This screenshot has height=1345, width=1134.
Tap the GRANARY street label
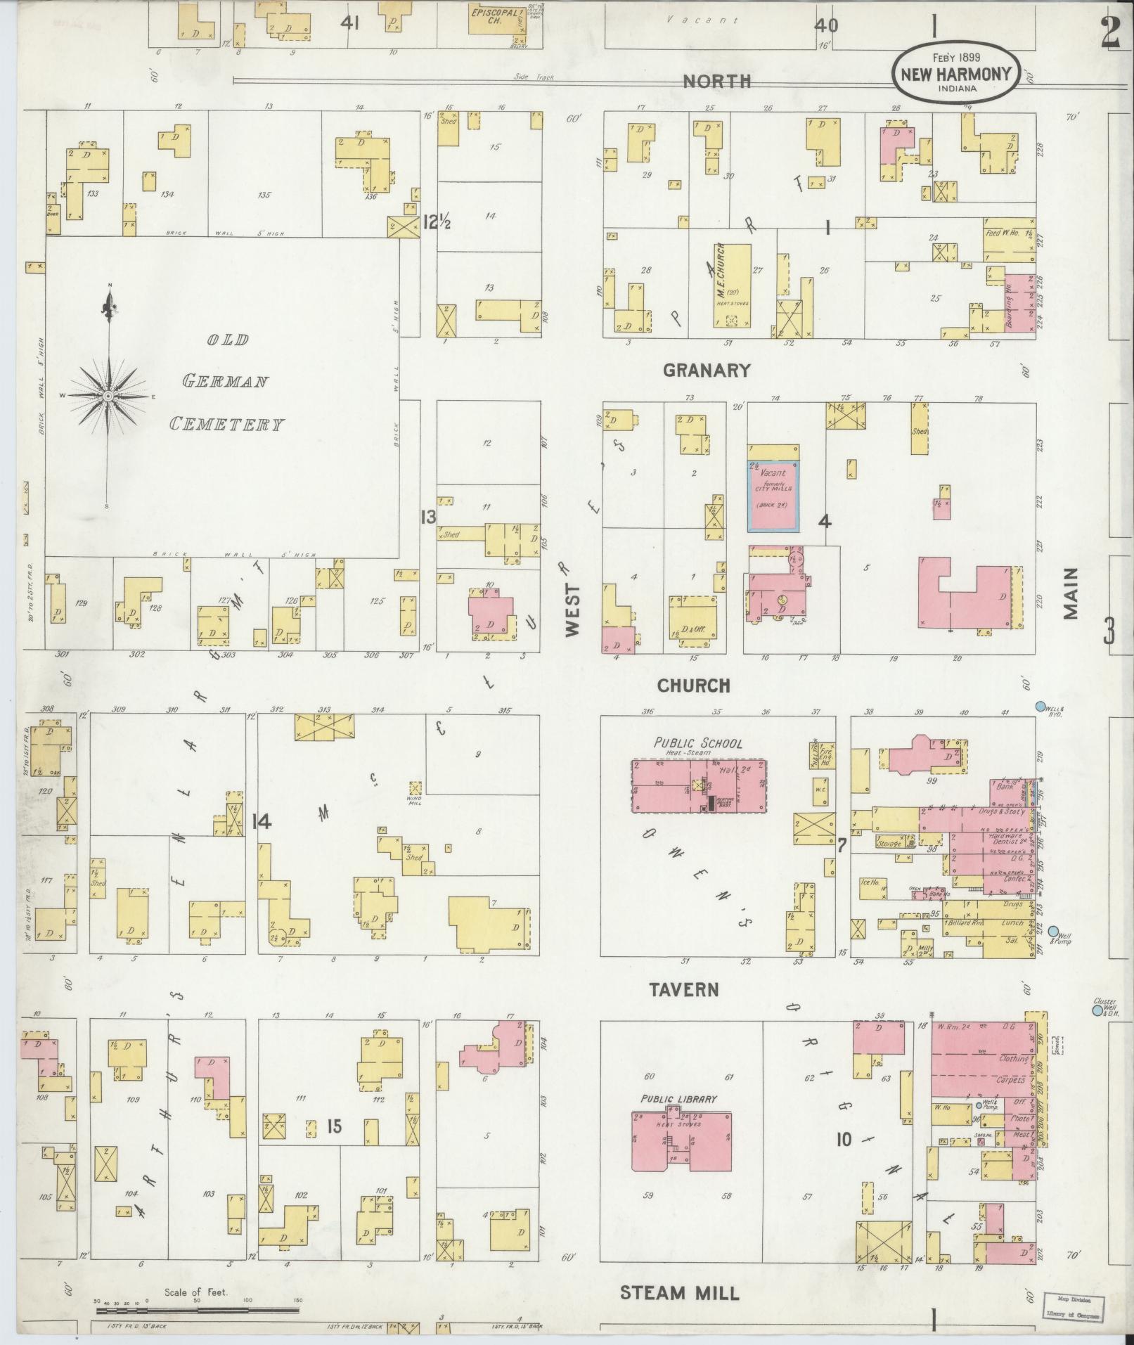(x=707, y=371)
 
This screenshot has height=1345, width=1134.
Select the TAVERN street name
(x=684, y=990)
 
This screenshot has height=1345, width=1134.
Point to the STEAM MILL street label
(x=680, y=1293)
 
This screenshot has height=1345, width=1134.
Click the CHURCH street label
(x=694, y=686)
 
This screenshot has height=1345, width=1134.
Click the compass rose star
(x=108, y=397)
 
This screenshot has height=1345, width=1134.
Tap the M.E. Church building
(x=732, y=285)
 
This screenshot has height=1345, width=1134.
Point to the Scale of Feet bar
(x=198, y=1310)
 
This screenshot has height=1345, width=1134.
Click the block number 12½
(x=436, y=223)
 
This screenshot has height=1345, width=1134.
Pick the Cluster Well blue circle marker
(x=1096, y=1010)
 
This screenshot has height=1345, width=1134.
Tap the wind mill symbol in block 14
(x=415, y=787)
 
